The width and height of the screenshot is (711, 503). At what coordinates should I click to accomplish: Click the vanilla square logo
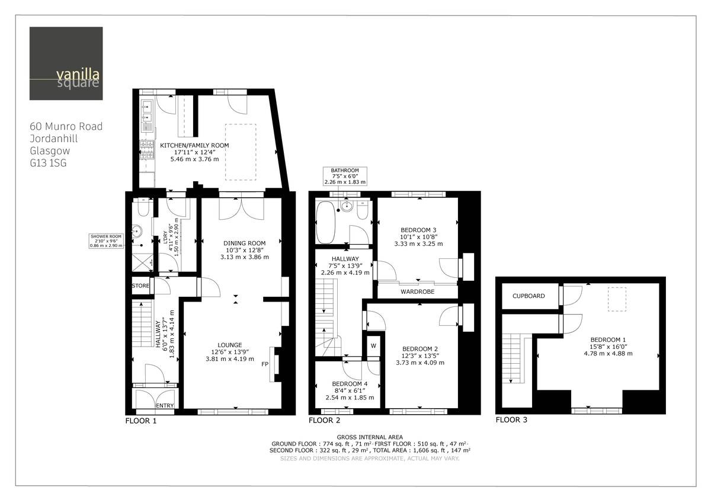click(66, 63)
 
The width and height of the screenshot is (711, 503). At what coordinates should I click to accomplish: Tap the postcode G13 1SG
click(48, 162)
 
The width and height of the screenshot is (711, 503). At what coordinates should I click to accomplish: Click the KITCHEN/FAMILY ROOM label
click(194, 145)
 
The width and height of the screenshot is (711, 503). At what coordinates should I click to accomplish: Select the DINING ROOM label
click(244, 243)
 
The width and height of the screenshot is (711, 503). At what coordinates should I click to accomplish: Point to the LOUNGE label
click(229, 345)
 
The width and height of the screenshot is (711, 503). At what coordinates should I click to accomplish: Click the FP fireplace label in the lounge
click(265, 364)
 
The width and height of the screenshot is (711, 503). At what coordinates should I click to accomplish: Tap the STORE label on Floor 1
click(140, 286)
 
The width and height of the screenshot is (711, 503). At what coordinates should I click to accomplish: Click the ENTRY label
click(164, 406)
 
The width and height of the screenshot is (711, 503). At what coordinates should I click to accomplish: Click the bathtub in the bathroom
click(326, 222)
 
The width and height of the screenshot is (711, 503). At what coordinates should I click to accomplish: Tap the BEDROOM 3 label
click(418, 230)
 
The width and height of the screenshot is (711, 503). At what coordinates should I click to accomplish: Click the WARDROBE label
click(417, 292)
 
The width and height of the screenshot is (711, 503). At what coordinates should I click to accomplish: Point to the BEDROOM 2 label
click(419, 348)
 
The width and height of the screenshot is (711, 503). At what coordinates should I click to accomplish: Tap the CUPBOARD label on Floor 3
click(529, 296)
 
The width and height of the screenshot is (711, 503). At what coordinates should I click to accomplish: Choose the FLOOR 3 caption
click(511, 420)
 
